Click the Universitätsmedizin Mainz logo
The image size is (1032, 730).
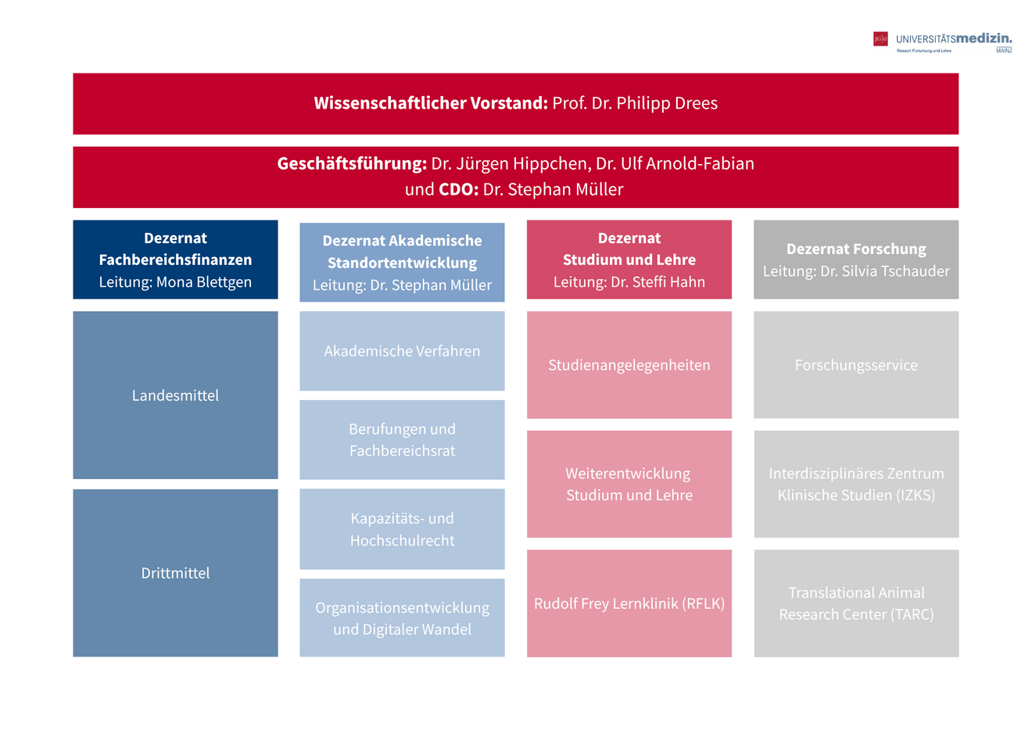click(942, 41)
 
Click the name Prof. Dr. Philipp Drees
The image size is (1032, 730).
click(635, 103)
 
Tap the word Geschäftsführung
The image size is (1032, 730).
click(352, 164)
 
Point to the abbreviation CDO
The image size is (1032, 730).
click(458, 189)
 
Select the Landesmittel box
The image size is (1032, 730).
click(175, 395)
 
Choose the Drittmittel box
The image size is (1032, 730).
click(175, 573)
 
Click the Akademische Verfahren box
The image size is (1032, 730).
click(402, 351)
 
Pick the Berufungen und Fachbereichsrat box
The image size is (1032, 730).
click(402, 439)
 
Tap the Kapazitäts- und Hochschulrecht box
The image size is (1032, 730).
click(402, 529)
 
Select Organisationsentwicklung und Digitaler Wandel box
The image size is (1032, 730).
click(402, 618)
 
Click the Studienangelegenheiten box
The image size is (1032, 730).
click(629, 365)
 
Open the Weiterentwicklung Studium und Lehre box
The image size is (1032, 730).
click(629, 484)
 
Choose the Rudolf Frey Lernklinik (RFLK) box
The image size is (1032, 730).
click(629, 603)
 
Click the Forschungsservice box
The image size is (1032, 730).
click(856, 365)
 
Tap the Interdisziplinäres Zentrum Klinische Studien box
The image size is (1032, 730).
click(856, 484)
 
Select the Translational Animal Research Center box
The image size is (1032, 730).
click(856, 603)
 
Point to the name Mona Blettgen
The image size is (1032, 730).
click(204, 282)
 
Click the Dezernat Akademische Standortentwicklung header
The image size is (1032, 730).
click(402, 252)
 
